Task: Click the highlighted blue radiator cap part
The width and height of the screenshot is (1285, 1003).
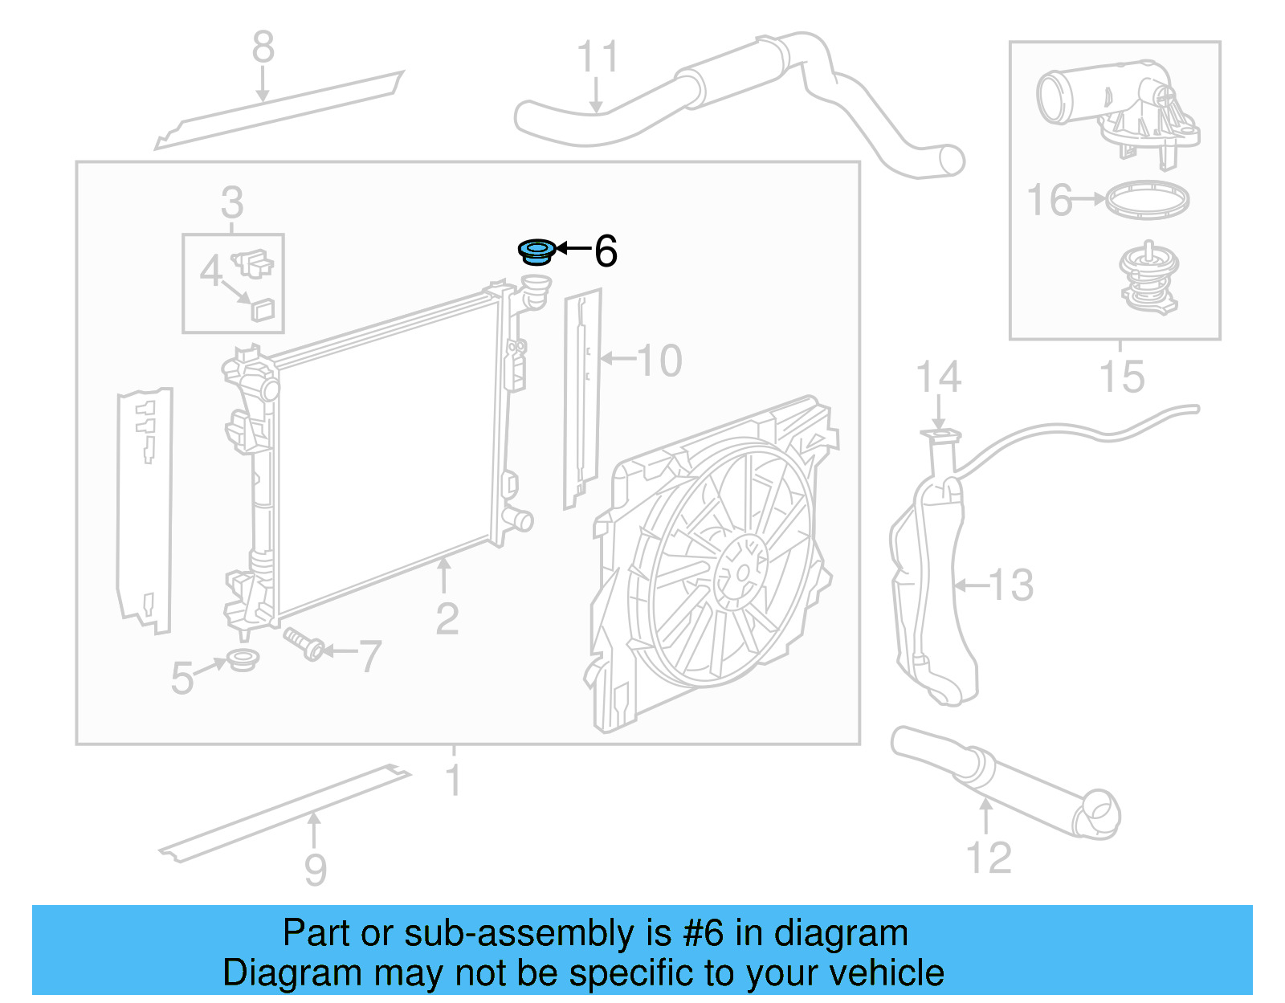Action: (x=536, y=251)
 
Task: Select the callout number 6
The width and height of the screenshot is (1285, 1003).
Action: (x=606, y=251)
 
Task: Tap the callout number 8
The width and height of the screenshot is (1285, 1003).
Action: (x=263, y=47)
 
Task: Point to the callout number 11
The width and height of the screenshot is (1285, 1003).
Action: (x=598, y=58)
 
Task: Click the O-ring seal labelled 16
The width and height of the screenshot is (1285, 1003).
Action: (x=1147, y=199)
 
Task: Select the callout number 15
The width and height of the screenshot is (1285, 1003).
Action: (x=1121, y=377)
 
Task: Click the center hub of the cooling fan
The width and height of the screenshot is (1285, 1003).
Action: (x=740, y=573)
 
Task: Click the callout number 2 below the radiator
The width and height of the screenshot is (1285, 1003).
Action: (x=447, y=618)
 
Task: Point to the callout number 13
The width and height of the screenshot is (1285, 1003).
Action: (x=1011, y=585)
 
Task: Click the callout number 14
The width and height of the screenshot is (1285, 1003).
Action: (x=939, y=377)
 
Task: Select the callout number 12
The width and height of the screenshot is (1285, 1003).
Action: (x=989, y=858)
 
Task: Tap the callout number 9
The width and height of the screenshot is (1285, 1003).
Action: (x=316, y=870)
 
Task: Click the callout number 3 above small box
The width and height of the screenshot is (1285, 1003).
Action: (x=232, y=202)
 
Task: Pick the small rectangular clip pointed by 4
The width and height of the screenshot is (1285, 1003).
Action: (x=263, y=308)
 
